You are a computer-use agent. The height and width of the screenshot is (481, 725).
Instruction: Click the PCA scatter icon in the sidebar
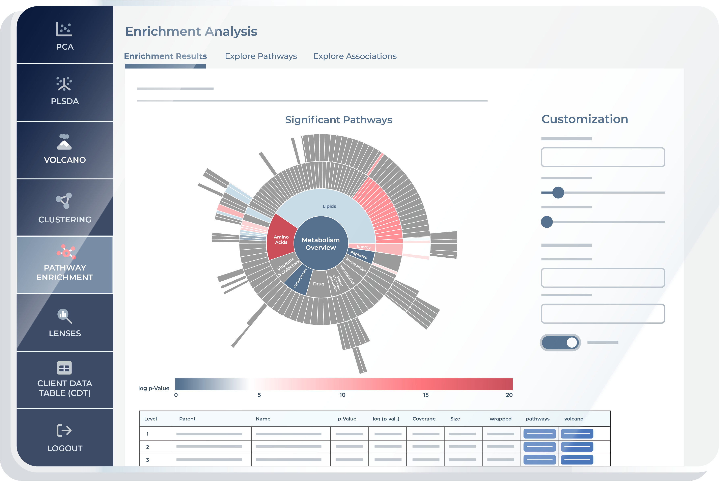pos(64,29)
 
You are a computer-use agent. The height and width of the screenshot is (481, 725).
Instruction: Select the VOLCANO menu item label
pos(65,160)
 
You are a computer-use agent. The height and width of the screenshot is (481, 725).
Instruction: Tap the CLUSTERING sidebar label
pos(65,220)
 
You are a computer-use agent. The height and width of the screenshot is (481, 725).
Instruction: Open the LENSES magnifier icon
pos(65,316)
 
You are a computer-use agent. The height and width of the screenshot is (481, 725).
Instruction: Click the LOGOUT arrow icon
pos(64,430)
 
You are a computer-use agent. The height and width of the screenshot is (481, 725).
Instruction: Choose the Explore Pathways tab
pos(261,56)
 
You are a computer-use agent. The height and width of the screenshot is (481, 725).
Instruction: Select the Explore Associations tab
pos(355,56)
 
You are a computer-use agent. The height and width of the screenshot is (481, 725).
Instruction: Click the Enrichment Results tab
pos(165,56)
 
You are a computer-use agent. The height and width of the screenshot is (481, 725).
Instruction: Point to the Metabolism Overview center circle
pos(321,244)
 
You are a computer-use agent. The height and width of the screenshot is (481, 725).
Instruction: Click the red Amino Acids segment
pos(281,238)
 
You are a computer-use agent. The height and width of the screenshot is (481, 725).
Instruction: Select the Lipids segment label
pos(329,206)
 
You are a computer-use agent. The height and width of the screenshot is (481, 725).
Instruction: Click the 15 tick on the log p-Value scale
pos(426,395)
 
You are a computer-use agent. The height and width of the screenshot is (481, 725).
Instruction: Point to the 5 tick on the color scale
pos(259,395)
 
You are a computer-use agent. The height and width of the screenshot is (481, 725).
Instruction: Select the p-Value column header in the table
pos(347,419)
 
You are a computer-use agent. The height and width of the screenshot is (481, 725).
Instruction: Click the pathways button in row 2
pos(539,447)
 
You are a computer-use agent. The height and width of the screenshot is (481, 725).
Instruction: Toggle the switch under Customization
pos(560,342)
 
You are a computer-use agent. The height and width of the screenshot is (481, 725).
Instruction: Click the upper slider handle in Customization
pos(558,193)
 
